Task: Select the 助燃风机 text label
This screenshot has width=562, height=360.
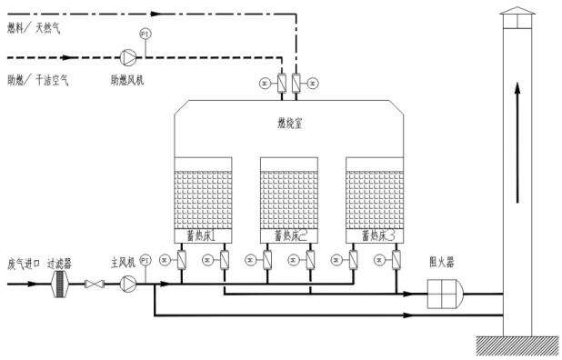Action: pyautogui.click(x=126, y=80)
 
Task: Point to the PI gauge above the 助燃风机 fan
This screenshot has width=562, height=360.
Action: pyautogui.click(x=145, y=35)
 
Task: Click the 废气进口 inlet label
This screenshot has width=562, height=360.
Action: pyautogui.click(x=25, y=263)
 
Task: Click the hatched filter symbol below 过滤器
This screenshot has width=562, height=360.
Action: pyautogui.click(x=61, y=285)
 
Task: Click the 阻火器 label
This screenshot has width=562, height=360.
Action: pyautogui.click(x=440, y=259)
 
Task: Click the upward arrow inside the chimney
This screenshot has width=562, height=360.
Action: pyautogui.click(x=518, y=136)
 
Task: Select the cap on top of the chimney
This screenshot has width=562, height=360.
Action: pyautogui.click(x=518, y=16)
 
